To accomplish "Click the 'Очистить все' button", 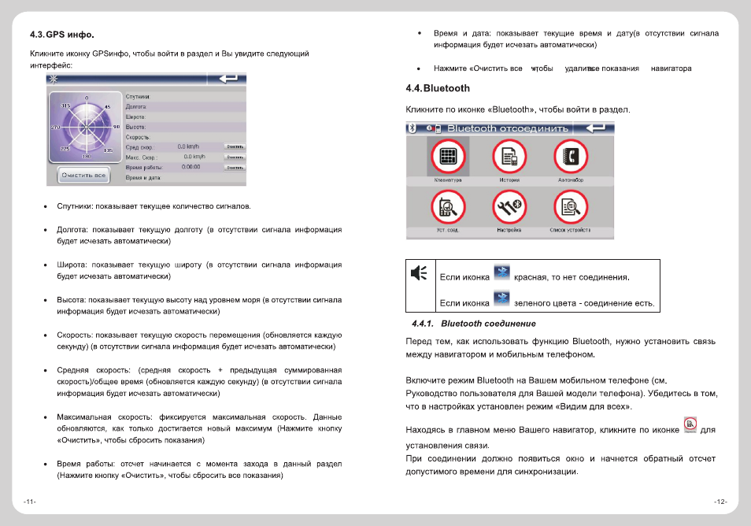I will (x=83, y=175).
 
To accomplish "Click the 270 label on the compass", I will (x=55, y=127).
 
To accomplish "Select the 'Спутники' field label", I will (x=138, y=96).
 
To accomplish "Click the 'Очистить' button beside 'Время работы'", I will (x=234, y=167).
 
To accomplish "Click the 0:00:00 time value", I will (x=191, y=167).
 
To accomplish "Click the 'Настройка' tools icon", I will (x=509, y=208).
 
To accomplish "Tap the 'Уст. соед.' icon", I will (x=448, y=208).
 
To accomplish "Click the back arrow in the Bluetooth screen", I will (x=596, y=128).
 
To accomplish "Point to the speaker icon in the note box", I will (x=420, y=273).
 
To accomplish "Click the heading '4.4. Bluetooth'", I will (x=438, y=88).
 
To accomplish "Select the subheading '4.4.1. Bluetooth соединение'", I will (x=474, y=324).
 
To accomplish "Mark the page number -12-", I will (x=720, y=502).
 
